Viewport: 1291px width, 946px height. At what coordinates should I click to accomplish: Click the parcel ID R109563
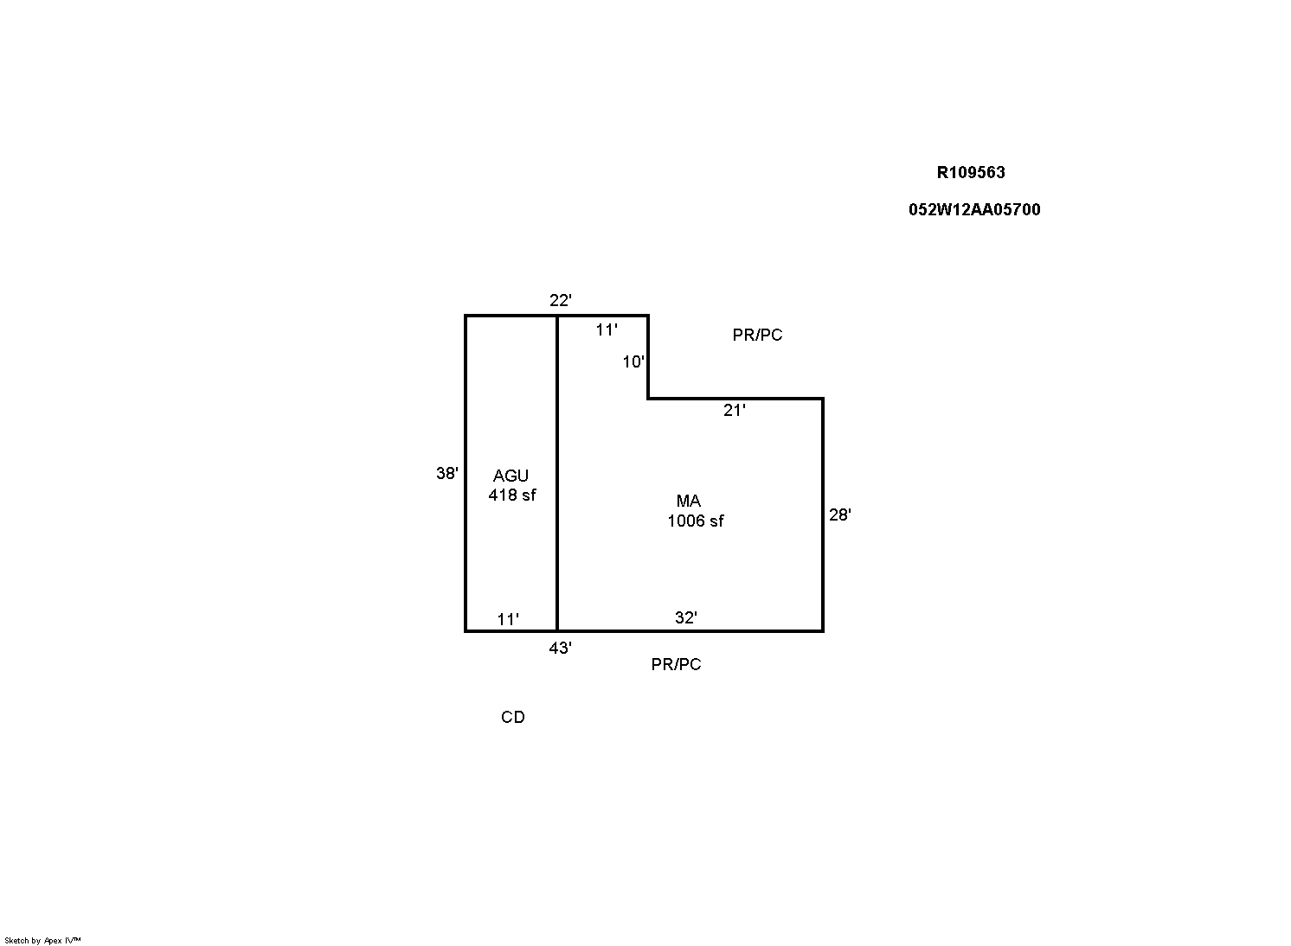pos(971,172)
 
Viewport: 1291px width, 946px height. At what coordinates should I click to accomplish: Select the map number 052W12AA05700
pos(974,209)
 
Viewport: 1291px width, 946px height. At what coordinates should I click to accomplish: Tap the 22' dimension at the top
pos(560,300)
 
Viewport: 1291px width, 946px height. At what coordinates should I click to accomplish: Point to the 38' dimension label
pos(447,473)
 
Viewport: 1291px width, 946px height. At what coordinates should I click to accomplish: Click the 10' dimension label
pos(633,361)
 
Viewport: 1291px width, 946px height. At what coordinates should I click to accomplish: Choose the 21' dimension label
pos(735,410)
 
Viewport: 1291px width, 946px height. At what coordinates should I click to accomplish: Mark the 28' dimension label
pos(839,515)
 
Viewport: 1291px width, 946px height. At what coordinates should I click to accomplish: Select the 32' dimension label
pos(686,617)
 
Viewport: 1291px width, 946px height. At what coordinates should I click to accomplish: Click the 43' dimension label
pos(560,649)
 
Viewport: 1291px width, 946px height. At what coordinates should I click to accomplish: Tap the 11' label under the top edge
pos(607,329)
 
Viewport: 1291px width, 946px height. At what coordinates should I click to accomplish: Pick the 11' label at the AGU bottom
pos(508,619)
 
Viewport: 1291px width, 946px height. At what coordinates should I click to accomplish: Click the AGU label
pos(511,476)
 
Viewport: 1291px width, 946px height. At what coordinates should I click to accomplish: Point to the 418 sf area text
pos(511,495)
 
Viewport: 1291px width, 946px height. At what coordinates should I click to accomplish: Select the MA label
pos(689,501)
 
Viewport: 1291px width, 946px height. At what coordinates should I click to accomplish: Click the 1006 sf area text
pos(696,521)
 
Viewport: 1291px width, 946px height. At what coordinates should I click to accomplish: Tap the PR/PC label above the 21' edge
pos(757,335)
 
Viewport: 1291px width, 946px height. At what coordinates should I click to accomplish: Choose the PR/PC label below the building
pos(676,664)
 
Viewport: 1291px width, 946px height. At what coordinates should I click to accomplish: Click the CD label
pos(513,717)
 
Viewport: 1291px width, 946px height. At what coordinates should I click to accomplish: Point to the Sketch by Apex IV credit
pos(42,940)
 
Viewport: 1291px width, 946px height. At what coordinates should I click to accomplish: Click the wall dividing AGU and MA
pos(557,473)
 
